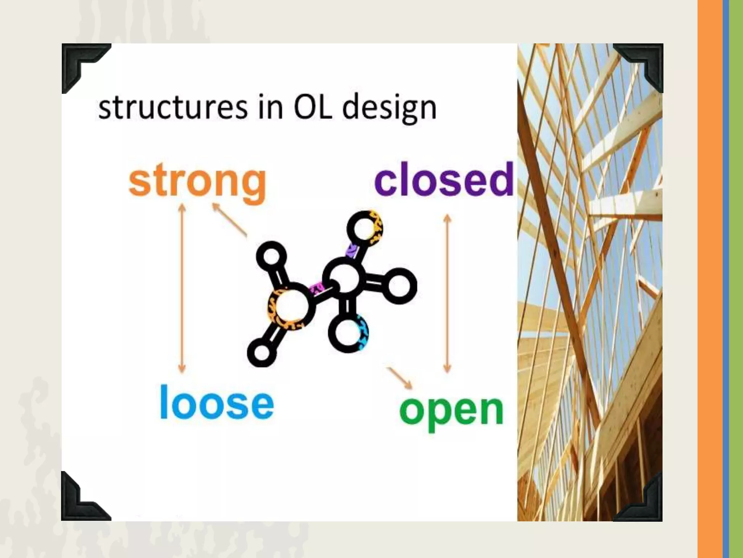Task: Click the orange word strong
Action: click(x=198, y=182)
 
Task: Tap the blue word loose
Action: click(x=217, y=403)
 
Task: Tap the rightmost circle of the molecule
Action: click(x=399, y=286)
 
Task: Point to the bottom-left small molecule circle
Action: click(x=261, y=352)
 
